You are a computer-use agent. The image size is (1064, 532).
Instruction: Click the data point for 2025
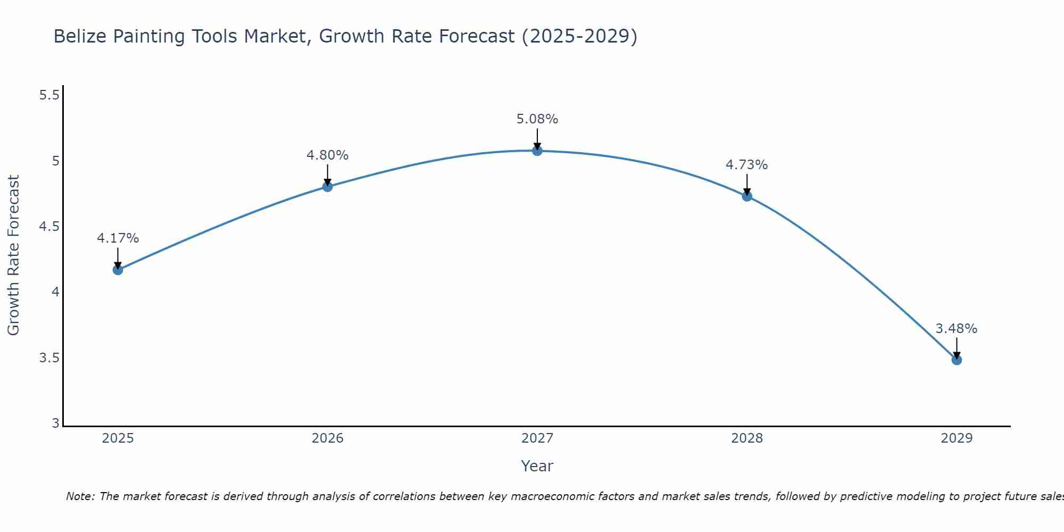click(x=118, y=270)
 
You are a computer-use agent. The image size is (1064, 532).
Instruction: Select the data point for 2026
click(x=328, y=187)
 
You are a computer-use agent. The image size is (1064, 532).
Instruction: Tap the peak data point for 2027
click(x=537, y=151)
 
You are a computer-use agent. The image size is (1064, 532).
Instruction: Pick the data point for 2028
click(x=747, y=196)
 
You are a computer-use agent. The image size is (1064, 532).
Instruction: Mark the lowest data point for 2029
click(x=957, y=360)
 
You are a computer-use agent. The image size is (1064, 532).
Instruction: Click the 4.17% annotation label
click(x=118, y=238)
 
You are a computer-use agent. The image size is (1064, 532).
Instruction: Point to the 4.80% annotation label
click(x=328, y=155)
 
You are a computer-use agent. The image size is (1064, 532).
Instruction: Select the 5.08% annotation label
click(x=537, y=119)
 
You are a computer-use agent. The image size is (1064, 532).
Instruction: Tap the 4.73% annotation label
click(x=747, y=165)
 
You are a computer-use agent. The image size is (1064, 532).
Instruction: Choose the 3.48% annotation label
click(x=957, y=329)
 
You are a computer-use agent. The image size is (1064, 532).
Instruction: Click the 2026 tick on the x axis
click(x=328, y=438)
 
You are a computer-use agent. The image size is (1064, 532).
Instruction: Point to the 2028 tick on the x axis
click(x=747, y=438)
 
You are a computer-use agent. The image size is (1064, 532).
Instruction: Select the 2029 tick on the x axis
click(x=957, y=438)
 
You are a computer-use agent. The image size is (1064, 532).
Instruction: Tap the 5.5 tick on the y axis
click(x=49, y=95)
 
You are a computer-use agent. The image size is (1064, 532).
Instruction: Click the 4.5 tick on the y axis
click(x=49, y=227)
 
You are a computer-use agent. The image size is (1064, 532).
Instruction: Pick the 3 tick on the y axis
click(x=55, y=423)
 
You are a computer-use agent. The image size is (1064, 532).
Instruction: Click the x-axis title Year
click(x=537, y=466)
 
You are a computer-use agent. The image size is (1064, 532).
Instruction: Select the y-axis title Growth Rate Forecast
click(x=13, y=255)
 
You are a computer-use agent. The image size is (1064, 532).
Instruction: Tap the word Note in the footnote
click(x=79, y=496)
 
